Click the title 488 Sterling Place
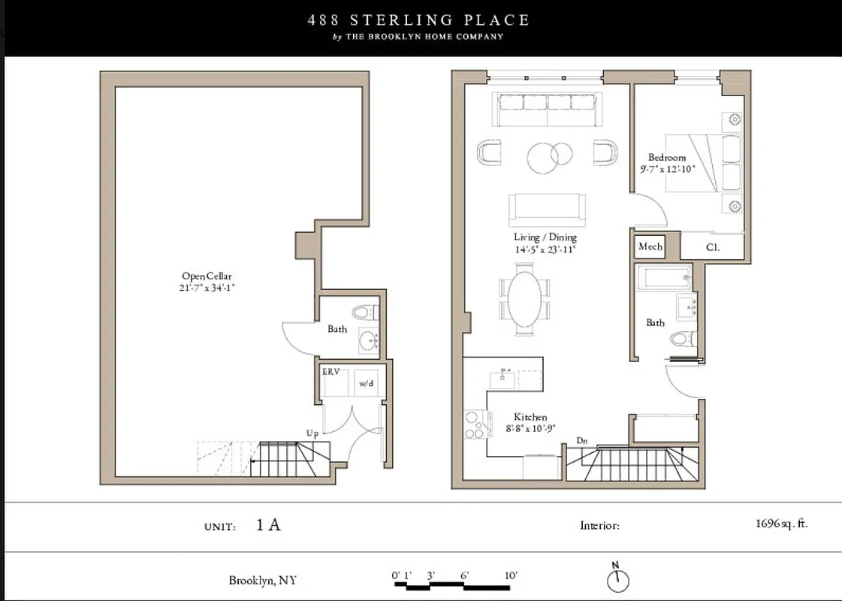pyautogui.click(x=418, y=20)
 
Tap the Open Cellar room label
pyautogui.click(x=207, y=276)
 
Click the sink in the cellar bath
pyautogui.click(x=370, y=341)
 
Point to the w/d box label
pyautogui.click(x=367, y=382)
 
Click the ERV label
pyautogui.click(x=331, y=372)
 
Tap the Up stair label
pyautogui.click(x=312, y=433)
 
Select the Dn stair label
pyautogui.click(x=581, y=440)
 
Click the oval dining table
pyautogui.click(x=524, y=299)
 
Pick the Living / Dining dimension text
pyautogui.click(x=545, y=249)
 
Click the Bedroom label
pyautogui.click(x=667, y=158)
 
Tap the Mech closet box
pyautogui.click(x=650, y=246)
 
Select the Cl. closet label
pyautogui.click(x=713, y=246)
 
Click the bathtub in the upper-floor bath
pyautogui.click(x=664, y=278)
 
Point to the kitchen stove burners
pyautogui.click(x=473, y=424)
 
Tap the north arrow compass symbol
pyautogui.click(x=617, y=579)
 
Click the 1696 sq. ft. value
pyautogui.click(x=781, y=524)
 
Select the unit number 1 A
pyautogui.click(x=268, y=524)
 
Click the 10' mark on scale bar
pyautogui.click(x=511, y=576)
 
